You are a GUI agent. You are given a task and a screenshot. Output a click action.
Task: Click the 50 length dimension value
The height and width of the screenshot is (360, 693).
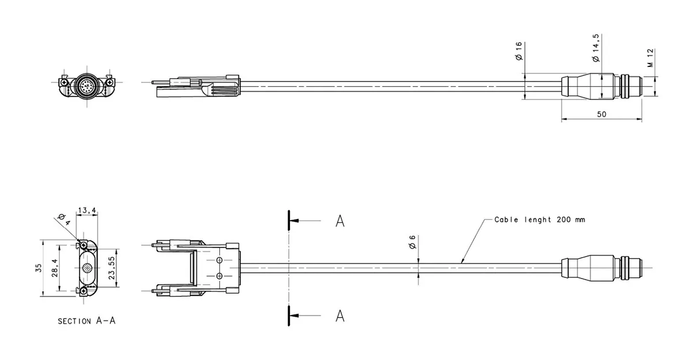(x=601, y=114)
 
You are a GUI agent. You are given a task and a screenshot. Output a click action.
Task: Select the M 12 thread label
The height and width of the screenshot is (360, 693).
(x=650, y=58)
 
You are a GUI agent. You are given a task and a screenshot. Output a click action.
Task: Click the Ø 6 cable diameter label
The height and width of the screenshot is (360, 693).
(x=412, y=244)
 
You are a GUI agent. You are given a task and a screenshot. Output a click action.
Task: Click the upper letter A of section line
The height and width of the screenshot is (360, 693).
(x=340, y=221)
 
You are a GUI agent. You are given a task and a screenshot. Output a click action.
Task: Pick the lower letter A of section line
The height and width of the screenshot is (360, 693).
(x=340, y=316)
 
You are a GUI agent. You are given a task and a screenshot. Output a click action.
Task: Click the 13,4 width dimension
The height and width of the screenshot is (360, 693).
(x=87, y=211)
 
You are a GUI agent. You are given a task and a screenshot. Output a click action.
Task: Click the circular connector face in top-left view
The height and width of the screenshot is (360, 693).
(x=86, y=87)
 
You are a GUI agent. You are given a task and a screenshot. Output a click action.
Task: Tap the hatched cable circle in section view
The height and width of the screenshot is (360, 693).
(x=86, y=269)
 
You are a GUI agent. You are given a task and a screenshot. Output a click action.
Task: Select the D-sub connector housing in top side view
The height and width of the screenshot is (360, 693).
(x=196, y=87)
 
